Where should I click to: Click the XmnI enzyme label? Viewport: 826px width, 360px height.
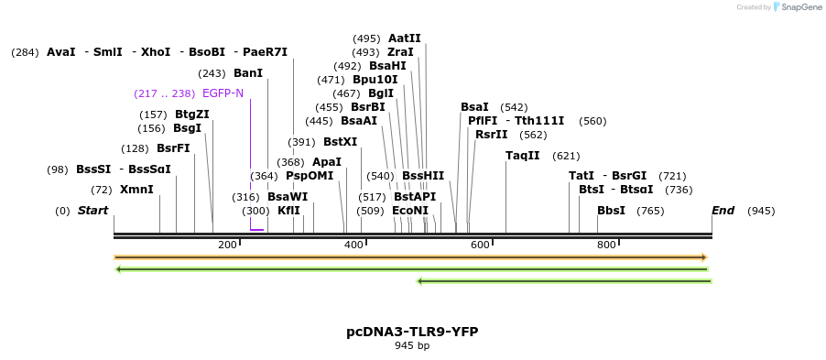point(136,190)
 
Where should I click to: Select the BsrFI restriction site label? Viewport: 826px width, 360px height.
point(173,148)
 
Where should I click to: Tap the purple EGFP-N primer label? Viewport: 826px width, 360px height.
point(223,93)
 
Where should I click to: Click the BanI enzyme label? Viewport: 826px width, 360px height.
point(247,73)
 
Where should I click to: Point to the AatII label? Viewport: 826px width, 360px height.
point(404,38)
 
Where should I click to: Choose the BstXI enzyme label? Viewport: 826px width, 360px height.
point(340,142)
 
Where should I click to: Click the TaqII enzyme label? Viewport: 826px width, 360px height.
point(522,156)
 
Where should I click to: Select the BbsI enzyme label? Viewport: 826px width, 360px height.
point(611,211)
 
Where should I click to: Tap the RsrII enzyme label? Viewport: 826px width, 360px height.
point(491,135)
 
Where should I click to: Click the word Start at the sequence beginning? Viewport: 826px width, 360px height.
point(92,211)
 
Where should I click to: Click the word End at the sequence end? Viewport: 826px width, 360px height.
point(723,211)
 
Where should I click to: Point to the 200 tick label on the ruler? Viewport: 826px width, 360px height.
point(227,245)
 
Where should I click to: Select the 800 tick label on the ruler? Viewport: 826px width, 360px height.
point(606,245)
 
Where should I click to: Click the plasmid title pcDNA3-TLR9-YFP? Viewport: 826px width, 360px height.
point(412,332)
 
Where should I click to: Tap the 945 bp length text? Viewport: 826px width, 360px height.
point(412,346)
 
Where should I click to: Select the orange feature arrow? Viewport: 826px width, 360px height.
point(410,257)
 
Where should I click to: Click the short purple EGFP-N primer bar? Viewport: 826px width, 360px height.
point(256,230)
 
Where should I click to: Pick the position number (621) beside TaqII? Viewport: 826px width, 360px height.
point(566,156)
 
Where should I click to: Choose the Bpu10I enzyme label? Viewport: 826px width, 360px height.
point(375,80)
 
